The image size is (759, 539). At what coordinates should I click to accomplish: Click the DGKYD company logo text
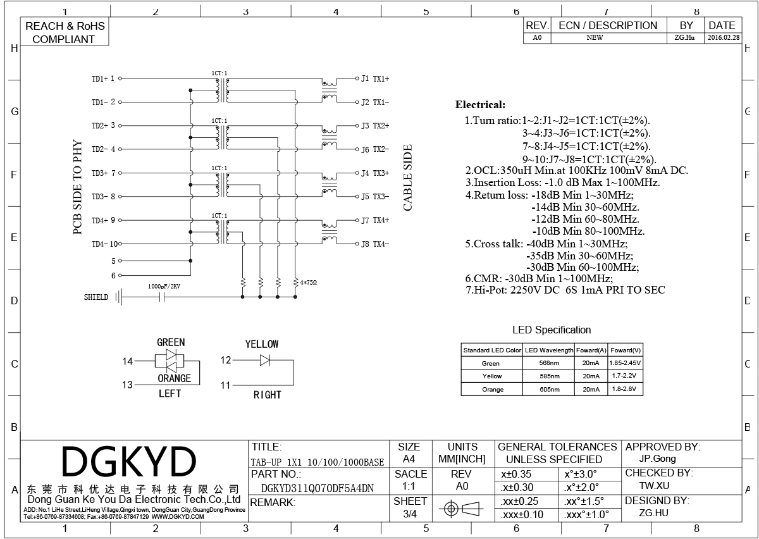point(129,462)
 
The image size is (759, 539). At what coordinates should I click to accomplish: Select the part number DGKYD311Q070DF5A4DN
point(318,488)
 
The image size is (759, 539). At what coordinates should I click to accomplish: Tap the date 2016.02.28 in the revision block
point(723,38)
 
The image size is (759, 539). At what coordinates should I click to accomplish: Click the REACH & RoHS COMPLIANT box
point(64,32)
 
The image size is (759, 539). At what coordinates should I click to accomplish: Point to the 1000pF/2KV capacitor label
point(164,286)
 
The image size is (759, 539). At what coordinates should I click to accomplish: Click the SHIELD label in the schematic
point(96,297)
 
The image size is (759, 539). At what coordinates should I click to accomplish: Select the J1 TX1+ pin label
point(375,78)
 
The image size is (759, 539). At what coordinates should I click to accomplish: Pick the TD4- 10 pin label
point(104,244)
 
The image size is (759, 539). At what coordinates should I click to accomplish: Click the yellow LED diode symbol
point(265,360)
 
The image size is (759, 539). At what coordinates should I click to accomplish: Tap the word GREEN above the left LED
point(171,342)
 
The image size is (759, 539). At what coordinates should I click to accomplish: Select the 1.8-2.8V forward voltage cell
point(626,389)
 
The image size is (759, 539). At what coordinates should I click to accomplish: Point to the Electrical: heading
point(480,105)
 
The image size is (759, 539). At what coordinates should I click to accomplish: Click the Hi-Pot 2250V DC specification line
point(565,290)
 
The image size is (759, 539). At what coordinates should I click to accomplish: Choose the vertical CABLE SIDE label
point(408,178)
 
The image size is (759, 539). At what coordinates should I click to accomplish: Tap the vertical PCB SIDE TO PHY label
point(78,187)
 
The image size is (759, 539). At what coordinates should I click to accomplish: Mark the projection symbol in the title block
point(460,508)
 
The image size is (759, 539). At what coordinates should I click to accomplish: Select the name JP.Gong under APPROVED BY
point(658,459)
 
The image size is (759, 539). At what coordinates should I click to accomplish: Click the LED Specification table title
point(552,330)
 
